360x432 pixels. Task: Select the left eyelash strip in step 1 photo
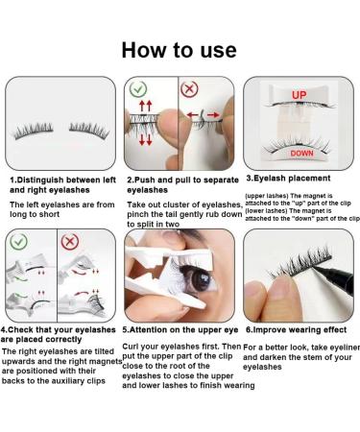[x=34, y=127]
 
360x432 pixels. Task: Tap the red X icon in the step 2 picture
[x=190, y=88]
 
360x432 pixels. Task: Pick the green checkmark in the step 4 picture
[x=18, y=244]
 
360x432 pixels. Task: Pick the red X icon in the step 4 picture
[x=71, y=244]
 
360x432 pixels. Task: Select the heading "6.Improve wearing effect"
[x=298, y=330]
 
